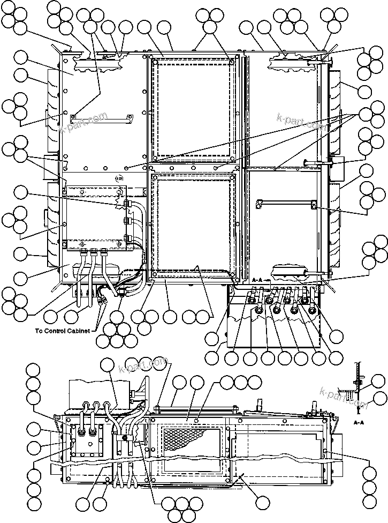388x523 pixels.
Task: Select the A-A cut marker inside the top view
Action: pos(257,280)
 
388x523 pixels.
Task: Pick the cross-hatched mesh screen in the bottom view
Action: pos(182,439)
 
